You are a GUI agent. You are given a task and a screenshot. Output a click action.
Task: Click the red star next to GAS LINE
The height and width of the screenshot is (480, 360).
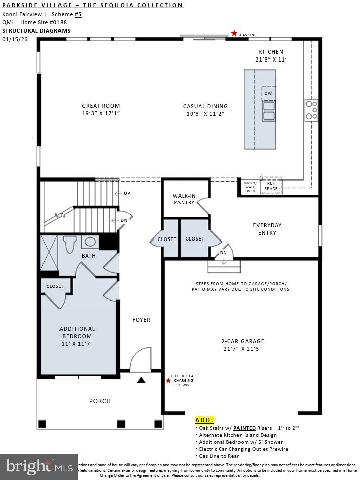[234, 33]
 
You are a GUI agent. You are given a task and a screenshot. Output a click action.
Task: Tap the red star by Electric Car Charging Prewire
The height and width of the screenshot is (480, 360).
[168, 380]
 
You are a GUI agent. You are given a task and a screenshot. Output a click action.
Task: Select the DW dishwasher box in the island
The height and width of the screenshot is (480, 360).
[268, 93]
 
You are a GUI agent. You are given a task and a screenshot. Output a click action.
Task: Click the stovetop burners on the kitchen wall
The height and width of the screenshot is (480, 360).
[311, 110]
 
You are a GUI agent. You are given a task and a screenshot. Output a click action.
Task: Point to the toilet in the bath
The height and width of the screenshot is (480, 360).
[70, 244]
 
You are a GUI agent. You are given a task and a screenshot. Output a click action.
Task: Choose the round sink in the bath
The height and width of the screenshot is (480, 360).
[90, 242]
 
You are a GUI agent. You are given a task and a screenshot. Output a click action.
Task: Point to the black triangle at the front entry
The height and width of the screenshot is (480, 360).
[142, 380]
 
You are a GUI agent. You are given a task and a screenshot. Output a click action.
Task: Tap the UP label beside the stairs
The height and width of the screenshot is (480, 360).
[127, 193]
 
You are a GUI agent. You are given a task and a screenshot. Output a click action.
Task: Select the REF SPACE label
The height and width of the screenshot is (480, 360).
[271, 186]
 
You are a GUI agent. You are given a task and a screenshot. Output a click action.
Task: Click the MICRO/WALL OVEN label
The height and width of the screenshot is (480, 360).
[250, 187]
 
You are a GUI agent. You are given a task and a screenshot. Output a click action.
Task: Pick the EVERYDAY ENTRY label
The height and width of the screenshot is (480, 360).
[267, 229]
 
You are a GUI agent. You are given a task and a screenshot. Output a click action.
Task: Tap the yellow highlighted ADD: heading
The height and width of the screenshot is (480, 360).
[204, 419]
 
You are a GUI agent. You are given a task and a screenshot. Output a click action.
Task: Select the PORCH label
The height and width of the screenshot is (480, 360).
[100, 401]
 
